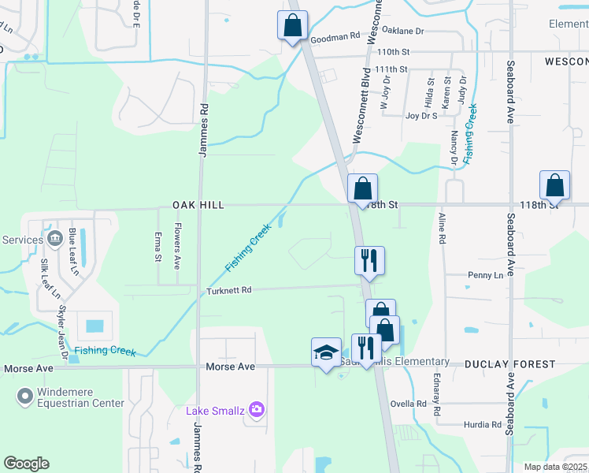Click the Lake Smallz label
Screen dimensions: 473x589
pyautogui.click(x=215, y=410)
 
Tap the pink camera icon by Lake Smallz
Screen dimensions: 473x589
pyautogui.click(x=256, y=409)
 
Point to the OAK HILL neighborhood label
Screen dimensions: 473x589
pyautogui.click(x=198, y=205)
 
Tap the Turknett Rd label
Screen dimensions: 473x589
pyautogui.click(x=228, y=290)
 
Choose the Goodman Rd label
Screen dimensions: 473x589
pyautogui.click(x=335, y=36)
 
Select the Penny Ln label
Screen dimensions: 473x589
pyautogui.click(x=485, y=275)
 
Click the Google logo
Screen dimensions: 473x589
pyautogui.click(x=26, y=464)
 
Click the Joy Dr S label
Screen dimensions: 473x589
pyautogui.click(x=421, y=115)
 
